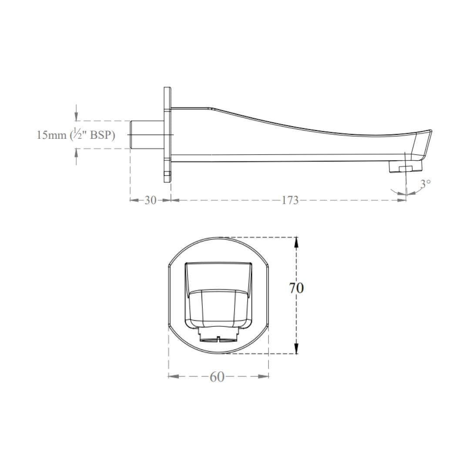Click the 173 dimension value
point(290,200)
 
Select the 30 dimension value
point(151,200)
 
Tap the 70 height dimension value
point(296,288)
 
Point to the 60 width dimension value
point(217,377)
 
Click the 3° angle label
point(425,183)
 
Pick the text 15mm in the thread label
point(51,135)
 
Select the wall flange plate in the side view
point(167,134)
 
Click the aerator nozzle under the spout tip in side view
point(405,167)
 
